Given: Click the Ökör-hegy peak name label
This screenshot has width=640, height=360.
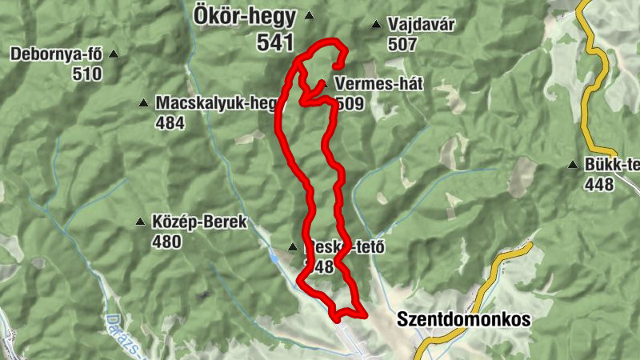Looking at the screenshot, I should [244, 16].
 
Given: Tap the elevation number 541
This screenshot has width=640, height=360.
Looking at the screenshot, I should [276, 42].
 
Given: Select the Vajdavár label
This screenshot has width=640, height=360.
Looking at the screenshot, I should [421, 25].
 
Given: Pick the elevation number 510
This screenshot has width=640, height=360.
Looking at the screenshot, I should [86, 74].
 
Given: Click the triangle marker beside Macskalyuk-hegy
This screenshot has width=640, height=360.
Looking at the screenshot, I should [143, 102].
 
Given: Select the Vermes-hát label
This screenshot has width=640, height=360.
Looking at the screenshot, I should [378, 84].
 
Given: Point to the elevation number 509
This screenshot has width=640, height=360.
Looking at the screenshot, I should [350, 103].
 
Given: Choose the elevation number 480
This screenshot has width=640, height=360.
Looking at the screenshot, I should [166, 242].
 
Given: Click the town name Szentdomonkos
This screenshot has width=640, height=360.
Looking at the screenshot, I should [464, 319].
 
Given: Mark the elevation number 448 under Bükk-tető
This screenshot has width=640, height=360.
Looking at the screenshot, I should [598, 185].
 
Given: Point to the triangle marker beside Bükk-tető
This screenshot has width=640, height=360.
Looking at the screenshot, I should [573, 166].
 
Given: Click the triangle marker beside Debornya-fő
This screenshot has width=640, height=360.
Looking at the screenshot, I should [114, 54].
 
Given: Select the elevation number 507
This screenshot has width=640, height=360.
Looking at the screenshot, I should [402, 44].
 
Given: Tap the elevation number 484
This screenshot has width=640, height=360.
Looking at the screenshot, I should [170, 122].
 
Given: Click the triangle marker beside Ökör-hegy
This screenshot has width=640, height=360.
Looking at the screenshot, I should [309, 16].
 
